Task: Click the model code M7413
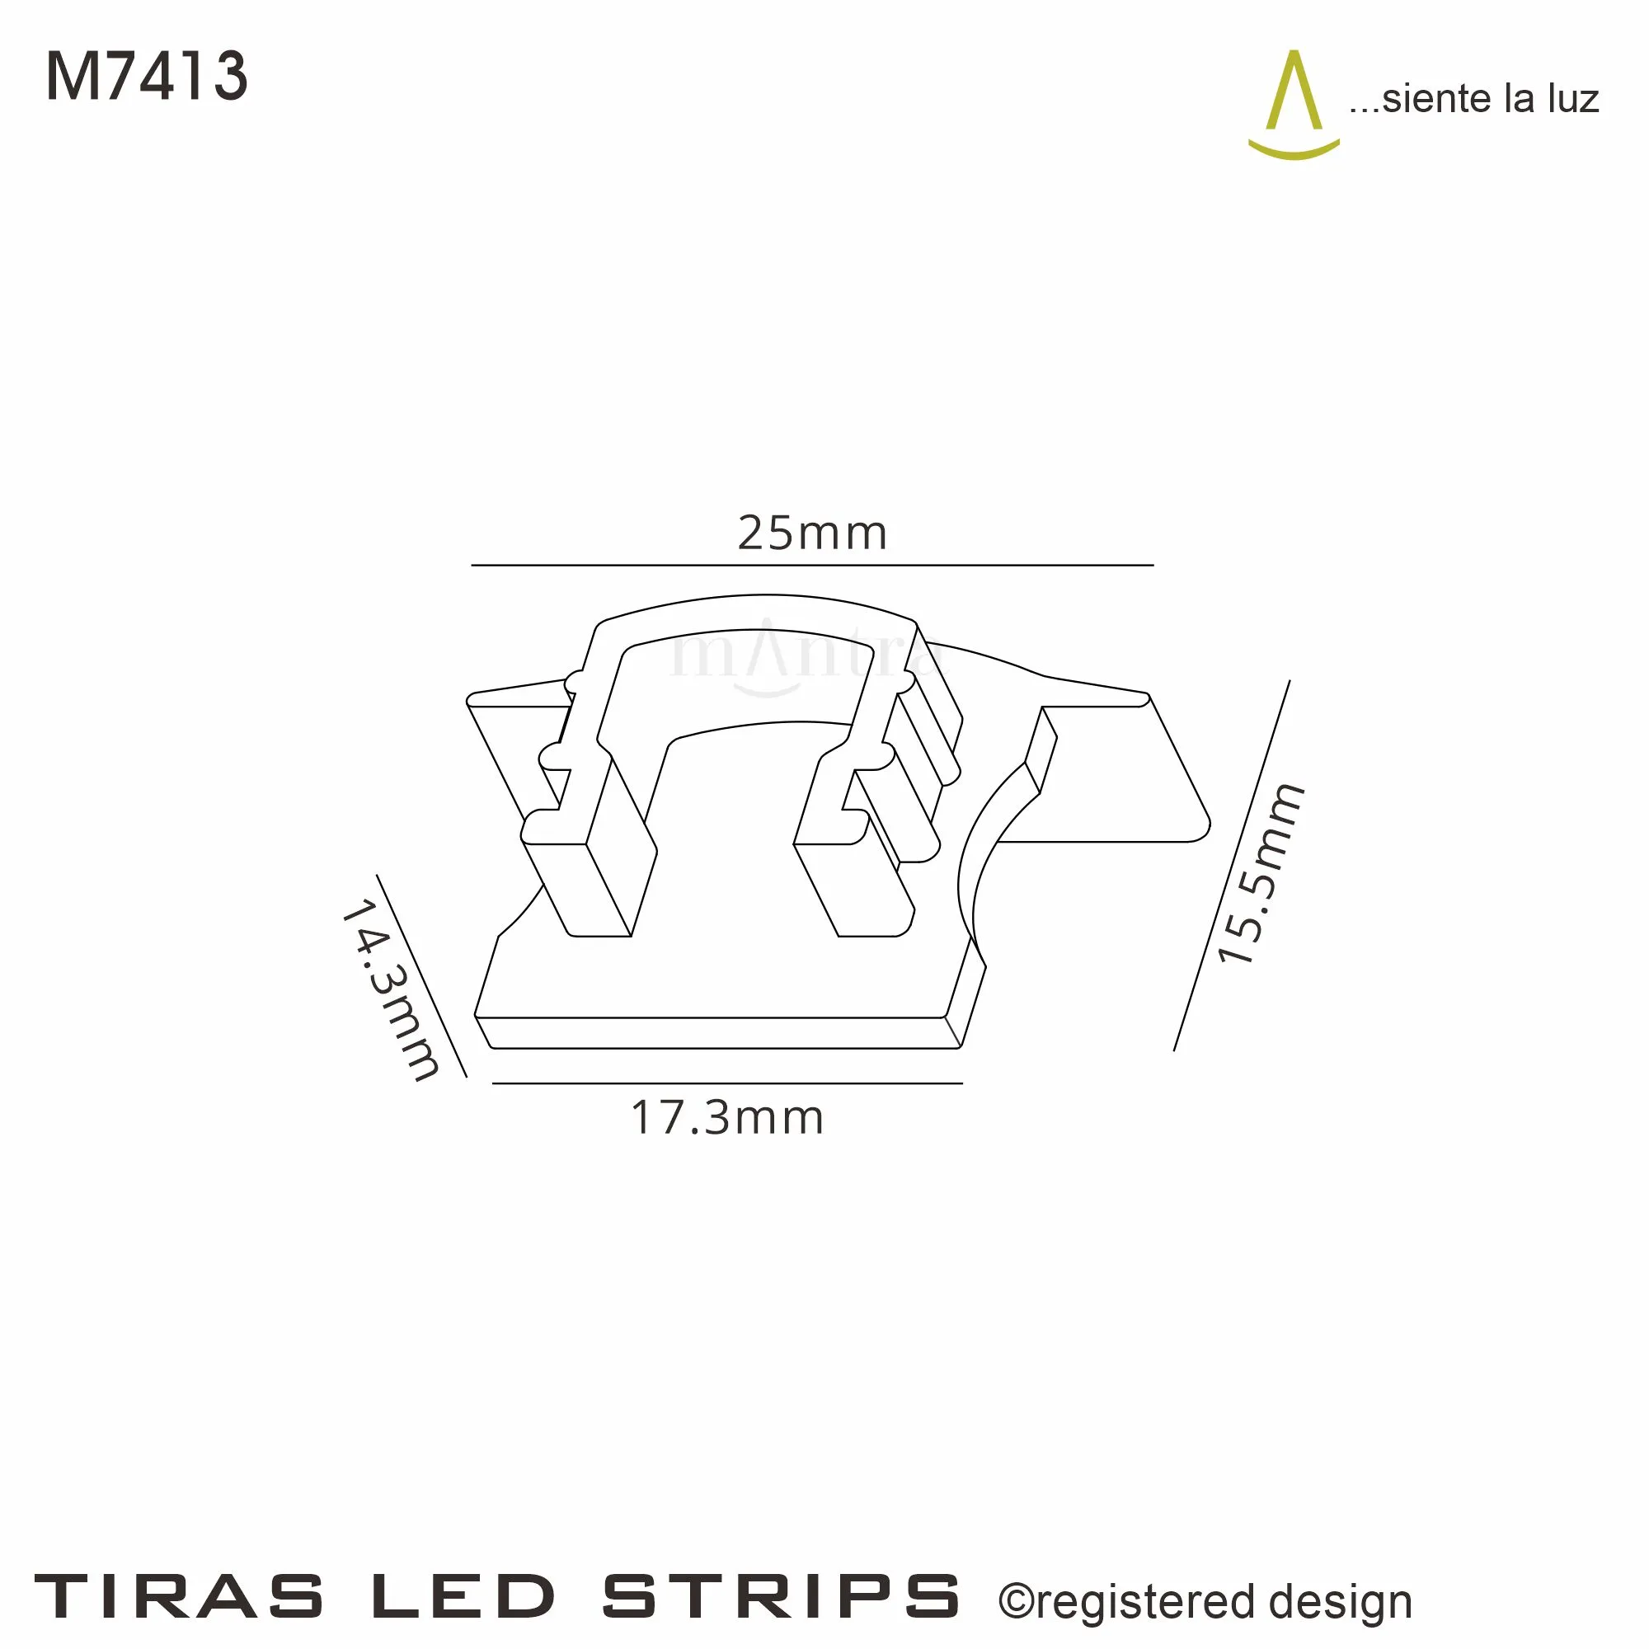[x=146, y=77]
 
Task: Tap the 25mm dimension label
[x=811, y=534]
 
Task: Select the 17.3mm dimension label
[x=727, y=1119]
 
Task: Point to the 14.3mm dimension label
[x=391, y=990]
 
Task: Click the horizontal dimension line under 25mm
[x=811, y=565]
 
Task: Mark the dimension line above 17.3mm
[x=727, y=1083]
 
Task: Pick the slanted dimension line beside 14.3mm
[x=421, y=975]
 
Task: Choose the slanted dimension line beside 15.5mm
[x=1232, y=866]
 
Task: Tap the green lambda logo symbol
[x=1294, y=106]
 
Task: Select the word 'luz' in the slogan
[x=1572, y=99]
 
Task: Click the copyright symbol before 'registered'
[x=1015, y=1601]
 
